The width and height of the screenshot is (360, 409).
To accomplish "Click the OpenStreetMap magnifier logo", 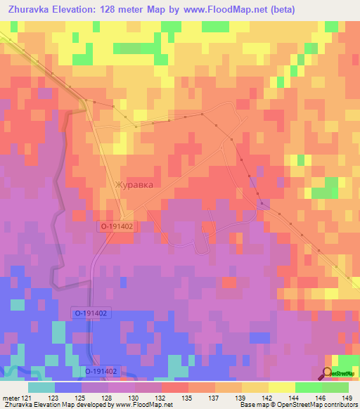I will point(328,373).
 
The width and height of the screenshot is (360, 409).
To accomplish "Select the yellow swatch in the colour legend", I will point(281,387).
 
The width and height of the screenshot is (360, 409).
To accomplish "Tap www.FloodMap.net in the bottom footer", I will point(143,405).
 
